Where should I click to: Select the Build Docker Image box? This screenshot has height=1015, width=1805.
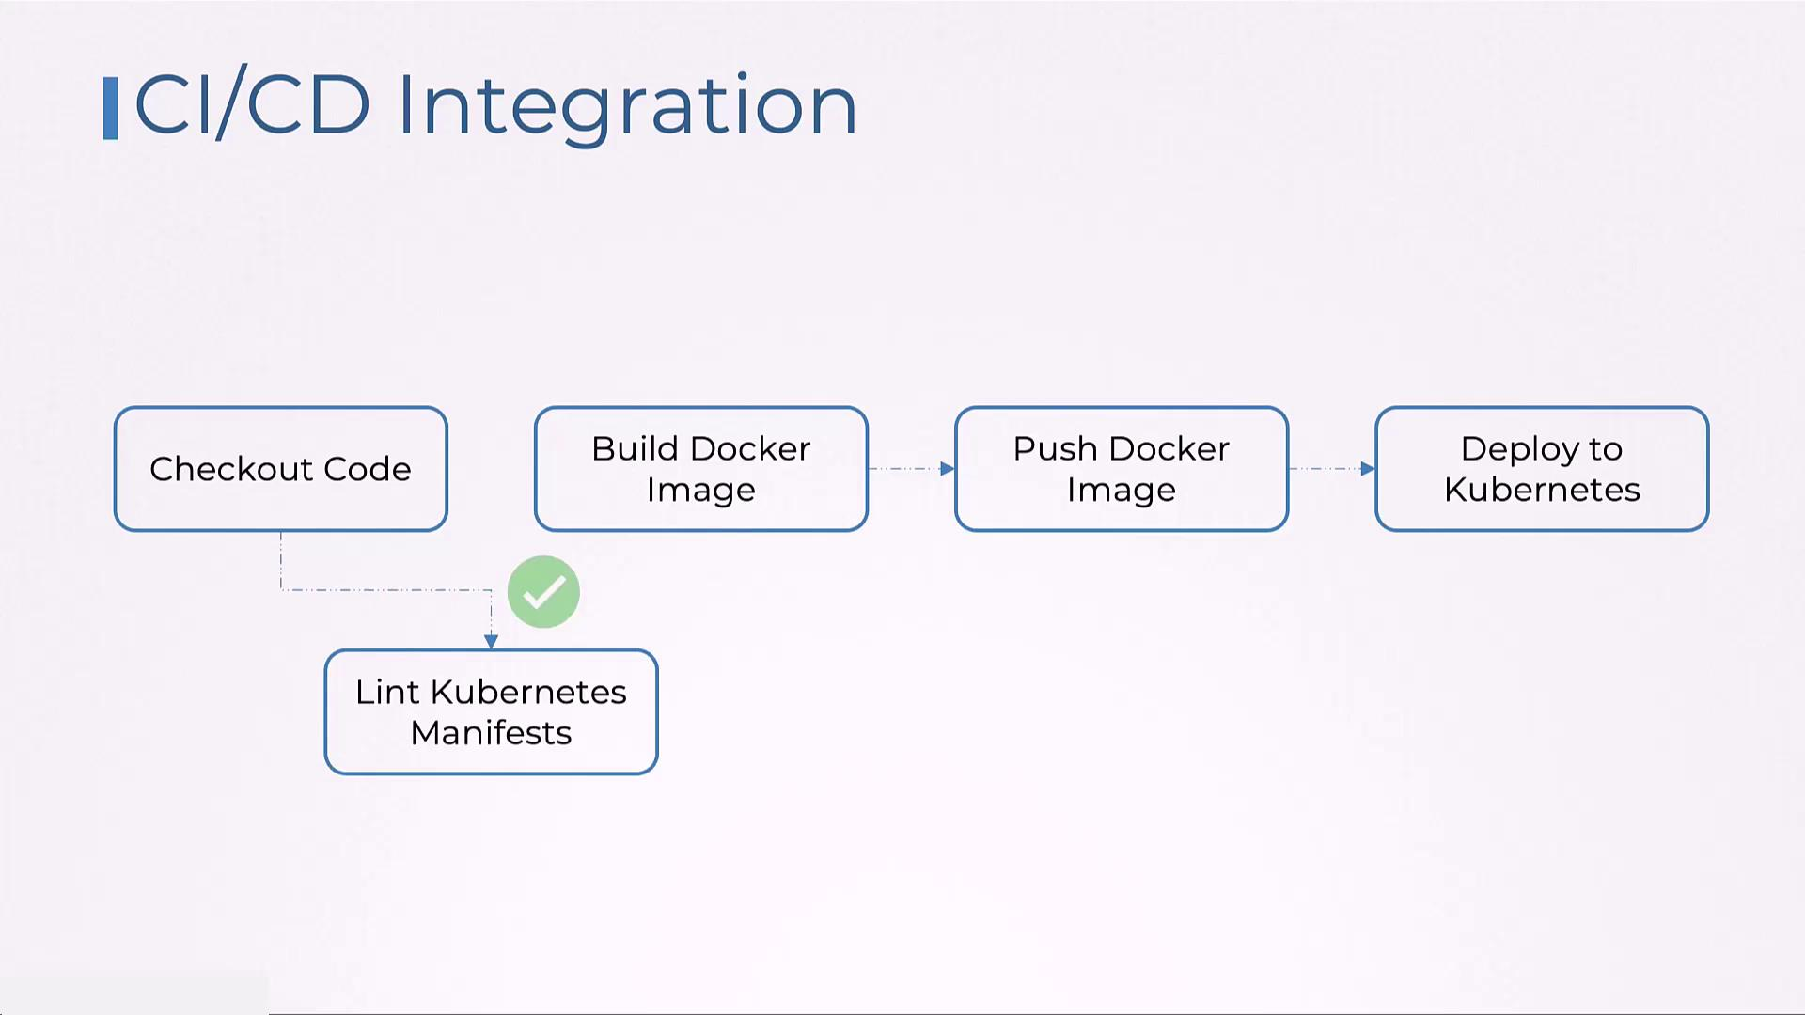coord(700,470)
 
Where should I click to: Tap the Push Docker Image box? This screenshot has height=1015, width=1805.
coord(1121,470)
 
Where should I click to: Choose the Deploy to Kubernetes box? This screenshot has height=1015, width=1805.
coord(1542,470)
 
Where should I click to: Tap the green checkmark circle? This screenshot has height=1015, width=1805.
coord(543,592)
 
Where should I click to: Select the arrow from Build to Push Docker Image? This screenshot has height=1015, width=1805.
coord(910,468)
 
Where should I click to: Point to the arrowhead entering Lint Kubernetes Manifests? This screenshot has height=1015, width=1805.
coord(491,641)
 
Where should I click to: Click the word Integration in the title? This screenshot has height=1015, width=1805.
coord(627,105)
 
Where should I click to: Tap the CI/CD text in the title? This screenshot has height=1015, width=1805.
coord(252,105)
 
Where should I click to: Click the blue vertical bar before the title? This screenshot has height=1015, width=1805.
coord(111,108)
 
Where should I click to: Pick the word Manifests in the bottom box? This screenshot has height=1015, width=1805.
coord(491,733)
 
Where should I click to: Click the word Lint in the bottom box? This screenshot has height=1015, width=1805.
coord(386,692)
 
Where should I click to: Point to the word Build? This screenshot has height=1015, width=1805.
coord(635,448)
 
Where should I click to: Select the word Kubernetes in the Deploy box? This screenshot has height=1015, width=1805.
coord(1542,490)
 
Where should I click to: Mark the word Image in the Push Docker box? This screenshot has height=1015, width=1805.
coord(1121,490)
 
